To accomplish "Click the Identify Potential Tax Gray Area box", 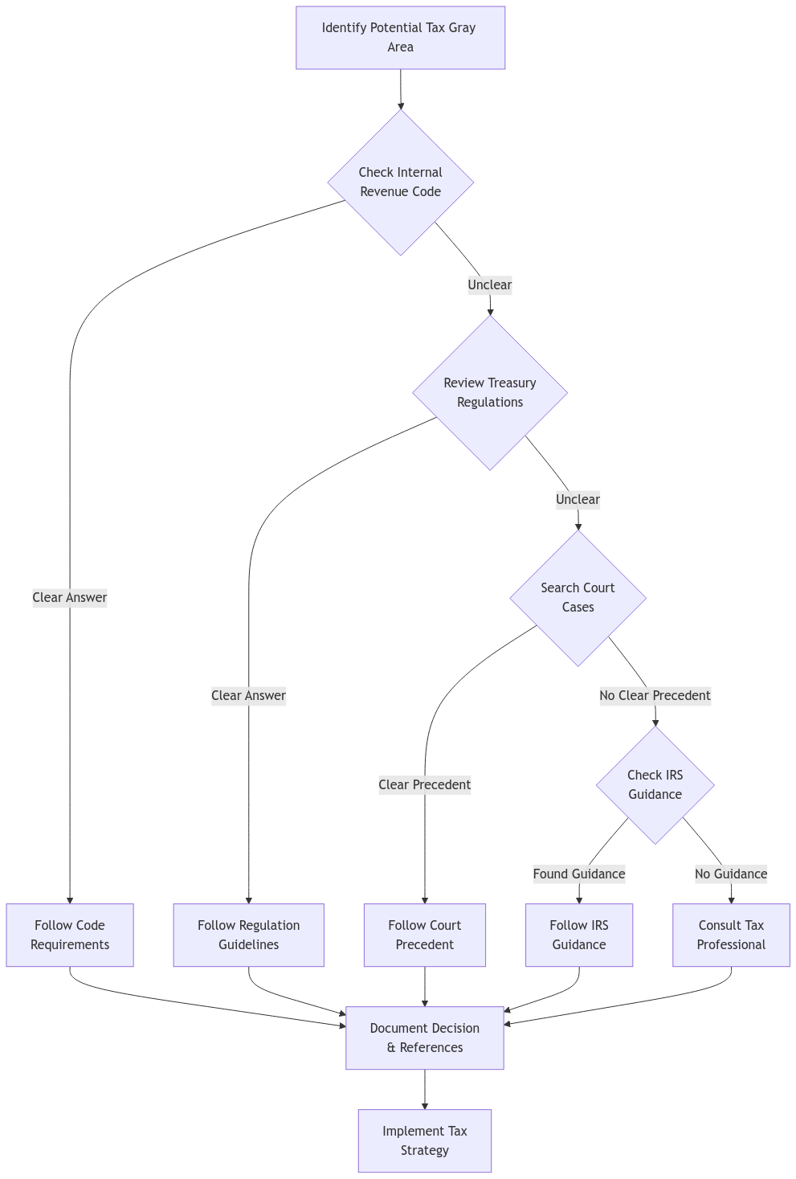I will tap(400, 38).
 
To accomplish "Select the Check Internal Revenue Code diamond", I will tap(400, 182).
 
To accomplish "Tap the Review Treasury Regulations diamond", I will tap(490, 393).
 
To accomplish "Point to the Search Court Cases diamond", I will tap(578, 598).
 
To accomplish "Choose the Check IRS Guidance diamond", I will tap(655, 785).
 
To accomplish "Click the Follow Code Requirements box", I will tap(70, 935).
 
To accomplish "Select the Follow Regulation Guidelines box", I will tap(248, 935).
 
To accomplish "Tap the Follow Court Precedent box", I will tap(424, 935).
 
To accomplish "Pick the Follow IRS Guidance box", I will tap(579, 935).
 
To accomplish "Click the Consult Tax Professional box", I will tap(731, 935).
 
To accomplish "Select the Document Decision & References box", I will tap(424, 1038).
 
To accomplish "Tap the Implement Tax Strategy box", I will tap(424, 1140).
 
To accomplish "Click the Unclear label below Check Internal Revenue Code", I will tap(490, 285).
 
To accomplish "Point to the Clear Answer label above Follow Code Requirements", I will tap(70, 598).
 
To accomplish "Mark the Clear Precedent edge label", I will tap(424, 785).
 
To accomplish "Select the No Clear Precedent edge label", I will tap(655, 696).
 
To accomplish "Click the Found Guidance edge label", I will tap(579, 874).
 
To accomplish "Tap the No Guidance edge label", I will tap(731, 874).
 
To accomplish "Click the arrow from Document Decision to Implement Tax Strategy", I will tap(424, 1089).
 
